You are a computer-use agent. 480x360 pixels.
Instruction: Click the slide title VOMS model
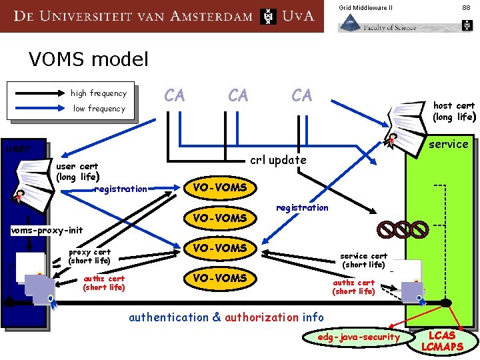click(x=89, y=60)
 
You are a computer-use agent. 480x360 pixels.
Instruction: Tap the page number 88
click(x=466, y=7)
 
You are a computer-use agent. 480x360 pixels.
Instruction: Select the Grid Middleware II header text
click(x=365, y=7)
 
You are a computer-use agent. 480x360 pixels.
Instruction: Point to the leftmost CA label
click(x=175, y=96)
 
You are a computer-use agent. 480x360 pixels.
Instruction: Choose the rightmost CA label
click(x=301, y=96)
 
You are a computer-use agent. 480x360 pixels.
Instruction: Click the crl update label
click(x=278, y=160)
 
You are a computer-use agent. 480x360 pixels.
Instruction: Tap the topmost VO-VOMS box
click(x=219, y=188)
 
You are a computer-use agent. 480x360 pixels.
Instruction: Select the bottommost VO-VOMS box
click(x=219, y=278)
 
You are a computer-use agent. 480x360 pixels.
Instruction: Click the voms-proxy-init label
click(x=47, y=231)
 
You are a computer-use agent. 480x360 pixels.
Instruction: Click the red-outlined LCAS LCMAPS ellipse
click(x=442, y=341)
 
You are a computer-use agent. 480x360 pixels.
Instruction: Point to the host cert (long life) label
click(x=453, y=111)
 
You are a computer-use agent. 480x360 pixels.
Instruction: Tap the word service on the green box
click(x=448, y=144)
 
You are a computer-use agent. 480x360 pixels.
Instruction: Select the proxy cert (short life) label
click(x=89, y=257)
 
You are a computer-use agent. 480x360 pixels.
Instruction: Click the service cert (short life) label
click(x=363, y=261)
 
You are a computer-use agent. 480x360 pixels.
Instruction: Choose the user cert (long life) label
click(x=77, y=172)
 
